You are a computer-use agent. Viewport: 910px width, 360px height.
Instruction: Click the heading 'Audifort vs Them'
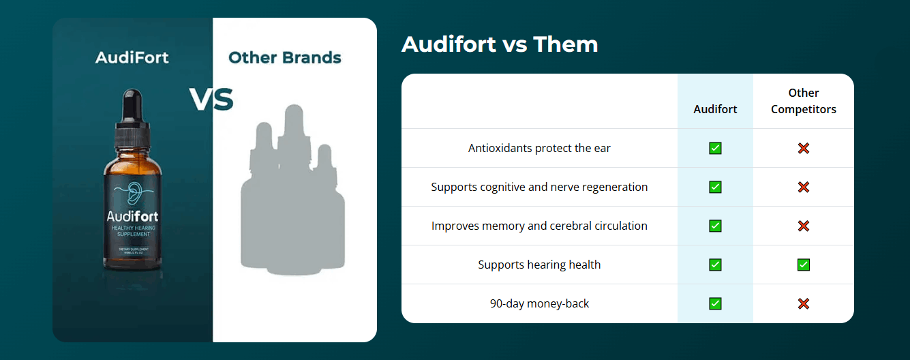pyautogui.click(x=500, y=44)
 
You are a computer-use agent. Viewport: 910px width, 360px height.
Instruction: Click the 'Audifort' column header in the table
pyautogui.click(x=715, y=109)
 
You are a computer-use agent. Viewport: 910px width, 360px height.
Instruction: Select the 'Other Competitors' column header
pyautogui.click(x=803, y=101)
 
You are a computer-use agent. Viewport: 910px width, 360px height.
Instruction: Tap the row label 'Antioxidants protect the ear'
pyautogui.click(x=539, y=148)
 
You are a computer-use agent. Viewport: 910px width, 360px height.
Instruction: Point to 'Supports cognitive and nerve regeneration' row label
pyautogui.click(x=539, y=187)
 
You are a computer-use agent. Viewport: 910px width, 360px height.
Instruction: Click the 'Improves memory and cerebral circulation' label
pyautogui.click(x=539, y=226)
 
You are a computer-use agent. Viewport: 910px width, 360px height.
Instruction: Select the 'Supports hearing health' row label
pyautogui.click(x=539, y=265)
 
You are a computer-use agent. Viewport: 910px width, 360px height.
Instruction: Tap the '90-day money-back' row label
pyautogui.click(x=539, y=303)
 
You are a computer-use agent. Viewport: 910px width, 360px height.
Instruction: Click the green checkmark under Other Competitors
pyautogui.click(x=804, y=265)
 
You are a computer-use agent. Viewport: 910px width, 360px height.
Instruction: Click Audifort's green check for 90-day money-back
pyautogui.click(x=715, y=303)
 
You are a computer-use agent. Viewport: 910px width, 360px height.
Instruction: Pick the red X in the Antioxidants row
pyautogui.click(x=804, y=148)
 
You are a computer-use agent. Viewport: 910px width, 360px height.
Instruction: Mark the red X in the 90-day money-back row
pyautogui.click(x=804, y=303)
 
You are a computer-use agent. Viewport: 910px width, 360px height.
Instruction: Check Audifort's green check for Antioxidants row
pyautogui.click(x=715, y=148)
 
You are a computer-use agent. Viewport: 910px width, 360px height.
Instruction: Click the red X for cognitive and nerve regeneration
pyautogui.click(x=804, y=187)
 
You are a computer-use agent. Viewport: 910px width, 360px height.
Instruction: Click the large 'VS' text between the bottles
pyautogui.click(x=211, y=100)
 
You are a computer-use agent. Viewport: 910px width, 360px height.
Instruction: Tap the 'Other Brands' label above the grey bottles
pyautogui.click(x=285, y=57)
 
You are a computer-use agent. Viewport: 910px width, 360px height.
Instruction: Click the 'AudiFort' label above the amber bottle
pyautogui.click(x=132, y=57)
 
